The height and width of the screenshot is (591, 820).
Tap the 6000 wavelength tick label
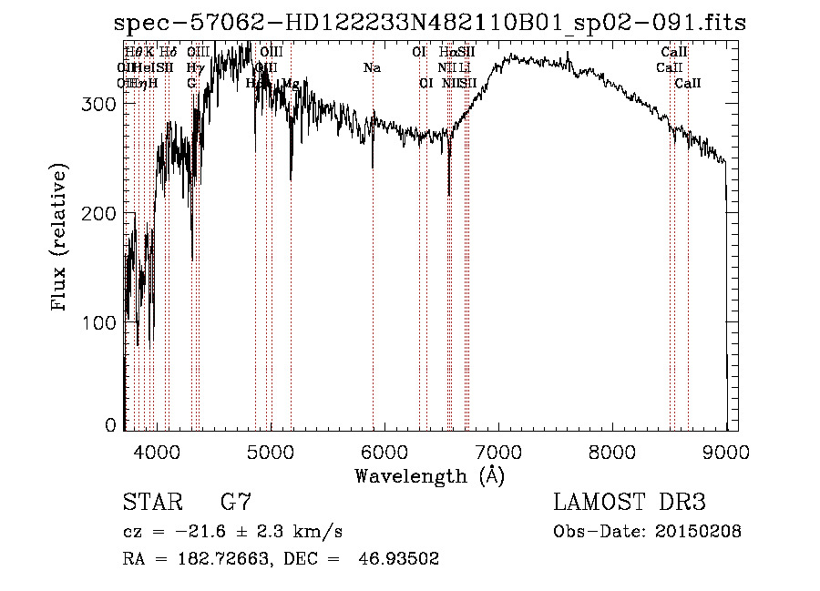384,451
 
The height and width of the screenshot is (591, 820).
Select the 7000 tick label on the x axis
497,451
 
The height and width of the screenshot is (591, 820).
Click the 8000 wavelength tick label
611,451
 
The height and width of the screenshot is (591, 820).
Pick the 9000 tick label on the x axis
725,451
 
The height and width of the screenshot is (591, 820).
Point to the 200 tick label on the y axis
98,213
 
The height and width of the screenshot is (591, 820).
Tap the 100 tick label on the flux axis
98,322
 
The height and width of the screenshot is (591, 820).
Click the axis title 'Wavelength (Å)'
429,475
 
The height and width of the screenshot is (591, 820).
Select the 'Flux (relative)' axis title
60,239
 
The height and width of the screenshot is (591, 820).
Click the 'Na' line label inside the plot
372,68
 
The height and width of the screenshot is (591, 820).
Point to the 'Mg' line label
291,84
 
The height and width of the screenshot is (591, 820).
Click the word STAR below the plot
150,503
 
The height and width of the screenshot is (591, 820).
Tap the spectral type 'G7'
236,503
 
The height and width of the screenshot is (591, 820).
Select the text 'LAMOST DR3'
630,503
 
